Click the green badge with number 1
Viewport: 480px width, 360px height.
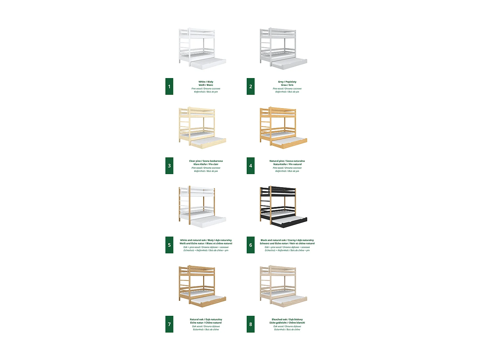(x=169, y=86)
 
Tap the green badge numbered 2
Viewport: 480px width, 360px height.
(x=251, y=86)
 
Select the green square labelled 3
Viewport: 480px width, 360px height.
(x=169, y=166)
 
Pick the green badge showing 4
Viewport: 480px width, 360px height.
(x=251, y=166)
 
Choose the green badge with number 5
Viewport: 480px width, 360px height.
(x=169, y=245)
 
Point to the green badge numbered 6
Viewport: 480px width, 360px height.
(x=251, y=245)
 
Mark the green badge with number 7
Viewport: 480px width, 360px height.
(x=169, y=324)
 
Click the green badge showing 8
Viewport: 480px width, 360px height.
(x=251, y=324)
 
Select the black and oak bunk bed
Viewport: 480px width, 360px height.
(x=283, y=206)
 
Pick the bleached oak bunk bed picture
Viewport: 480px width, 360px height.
(x=283, y=286)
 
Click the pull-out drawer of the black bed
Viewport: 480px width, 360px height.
(x=289, y=222)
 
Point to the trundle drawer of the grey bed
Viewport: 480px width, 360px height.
(x=289, y=64)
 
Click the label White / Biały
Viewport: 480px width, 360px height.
(x=206, y=82)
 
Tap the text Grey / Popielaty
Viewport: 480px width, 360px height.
(x=287, y=82)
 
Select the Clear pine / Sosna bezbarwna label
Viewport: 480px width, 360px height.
(x=206, y=161)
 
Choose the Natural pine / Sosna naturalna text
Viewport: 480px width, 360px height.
(x=287, y=161)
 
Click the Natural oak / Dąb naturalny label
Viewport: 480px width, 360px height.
(x=206, y=319)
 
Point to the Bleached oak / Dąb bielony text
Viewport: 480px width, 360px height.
(x=287, y=319)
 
